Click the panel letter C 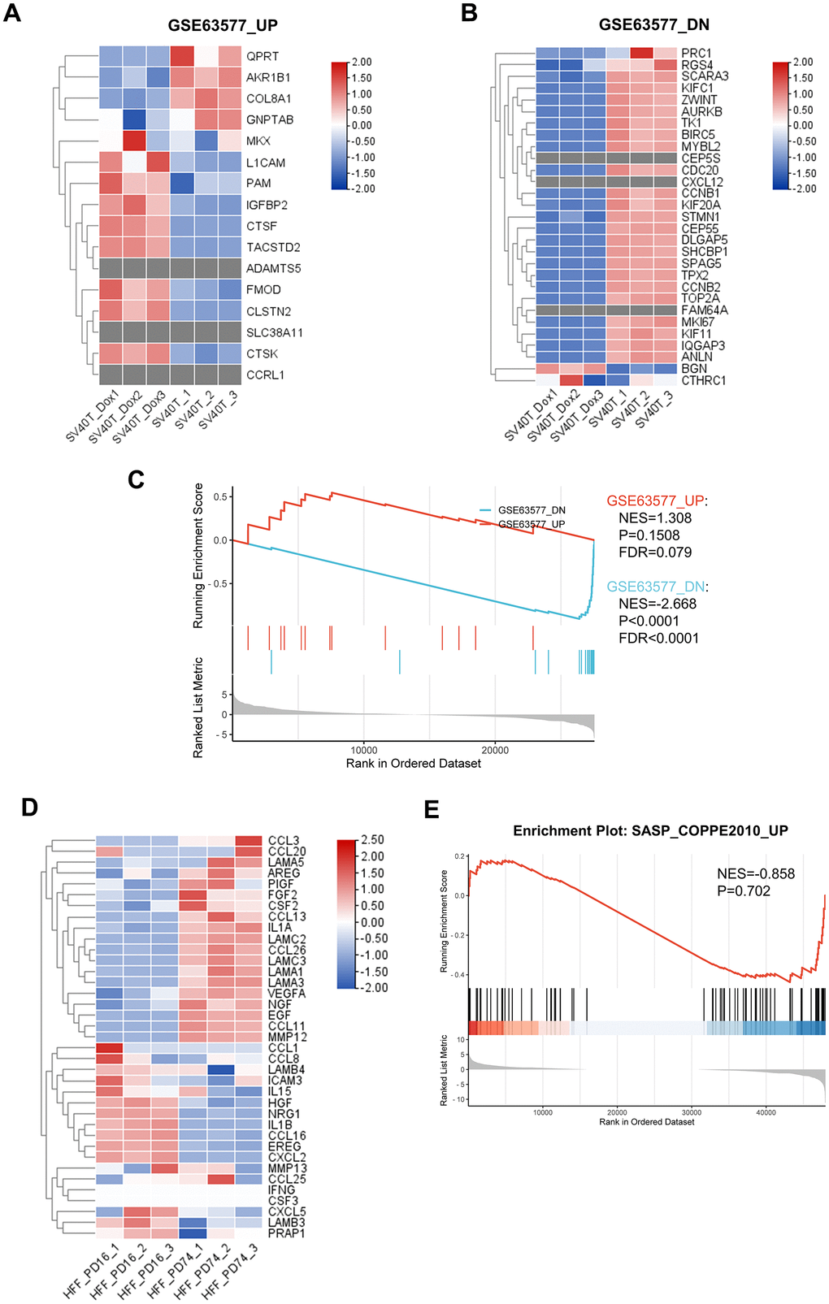[136, 480]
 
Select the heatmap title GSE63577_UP [222, 25]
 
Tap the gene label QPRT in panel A [263, 56]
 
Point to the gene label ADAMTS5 [273, 268]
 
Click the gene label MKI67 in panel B [697, 322]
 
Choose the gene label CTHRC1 [703, 380]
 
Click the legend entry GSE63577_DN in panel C [532, 510]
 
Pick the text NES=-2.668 [657, 604]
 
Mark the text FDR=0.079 [654, 552]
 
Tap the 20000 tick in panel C [495, 750]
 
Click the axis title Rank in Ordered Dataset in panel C [413, 764]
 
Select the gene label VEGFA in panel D [286, 994]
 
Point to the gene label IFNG [281, 1189]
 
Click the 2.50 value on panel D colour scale [372, 839]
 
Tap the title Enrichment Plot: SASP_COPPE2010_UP [650, 830]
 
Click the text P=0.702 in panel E [744, 890]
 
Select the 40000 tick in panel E [766, 1112]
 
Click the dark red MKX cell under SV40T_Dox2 [134, 141]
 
